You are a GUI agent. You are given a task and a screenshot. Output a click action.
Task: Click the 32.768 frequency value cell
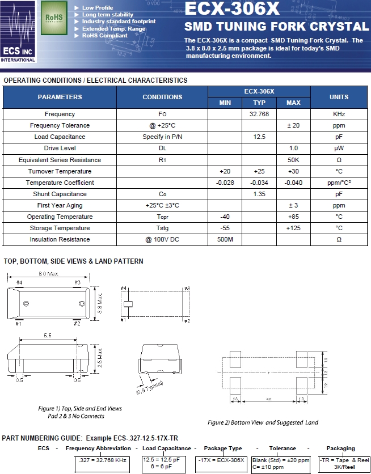tap(259, 114)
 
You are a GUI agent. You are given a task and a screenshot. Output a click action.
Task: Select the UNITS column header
tap(339, 97)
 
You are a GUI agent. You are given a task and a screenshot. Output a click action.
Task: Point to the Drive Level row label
tap(60, 148)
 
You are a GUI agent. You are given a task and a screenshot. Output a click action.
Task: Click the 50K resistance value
tap(293, 160)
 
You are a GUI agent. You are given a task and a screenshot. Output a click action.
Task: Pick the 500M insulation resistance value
tap(225, 239)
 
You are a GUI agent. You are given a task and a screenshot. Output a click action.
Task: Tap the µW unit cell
tap(339, 148)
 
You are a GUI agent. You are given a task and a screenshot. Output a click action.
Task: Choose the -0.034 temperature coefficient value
tap(259, 183)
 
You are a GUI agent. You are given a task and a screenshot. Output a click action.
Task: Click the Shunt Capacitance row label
tap(60, 194)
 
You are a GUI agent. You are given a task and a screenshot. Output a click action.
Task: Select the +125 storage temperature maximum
tap(293, 228)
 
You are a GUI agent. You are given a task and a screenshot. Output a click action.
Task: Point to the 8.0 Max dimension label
tap(48, 274)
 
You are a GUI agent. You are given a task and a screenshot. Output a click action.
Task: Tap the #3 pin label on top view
tap(78, 282)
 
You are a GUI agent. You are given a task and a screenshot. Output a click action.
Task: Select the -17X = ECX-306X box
tap(221, 459)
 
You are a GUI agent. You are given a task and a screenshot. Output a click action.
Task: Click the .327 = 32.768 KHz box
tap(103, 459)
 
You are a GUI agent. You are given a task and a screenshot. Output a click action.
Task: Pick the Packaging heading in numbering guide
tap(340, 448)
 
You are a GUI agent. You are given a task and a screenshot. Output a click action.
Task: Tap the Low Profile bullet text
tap(98, 8)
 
